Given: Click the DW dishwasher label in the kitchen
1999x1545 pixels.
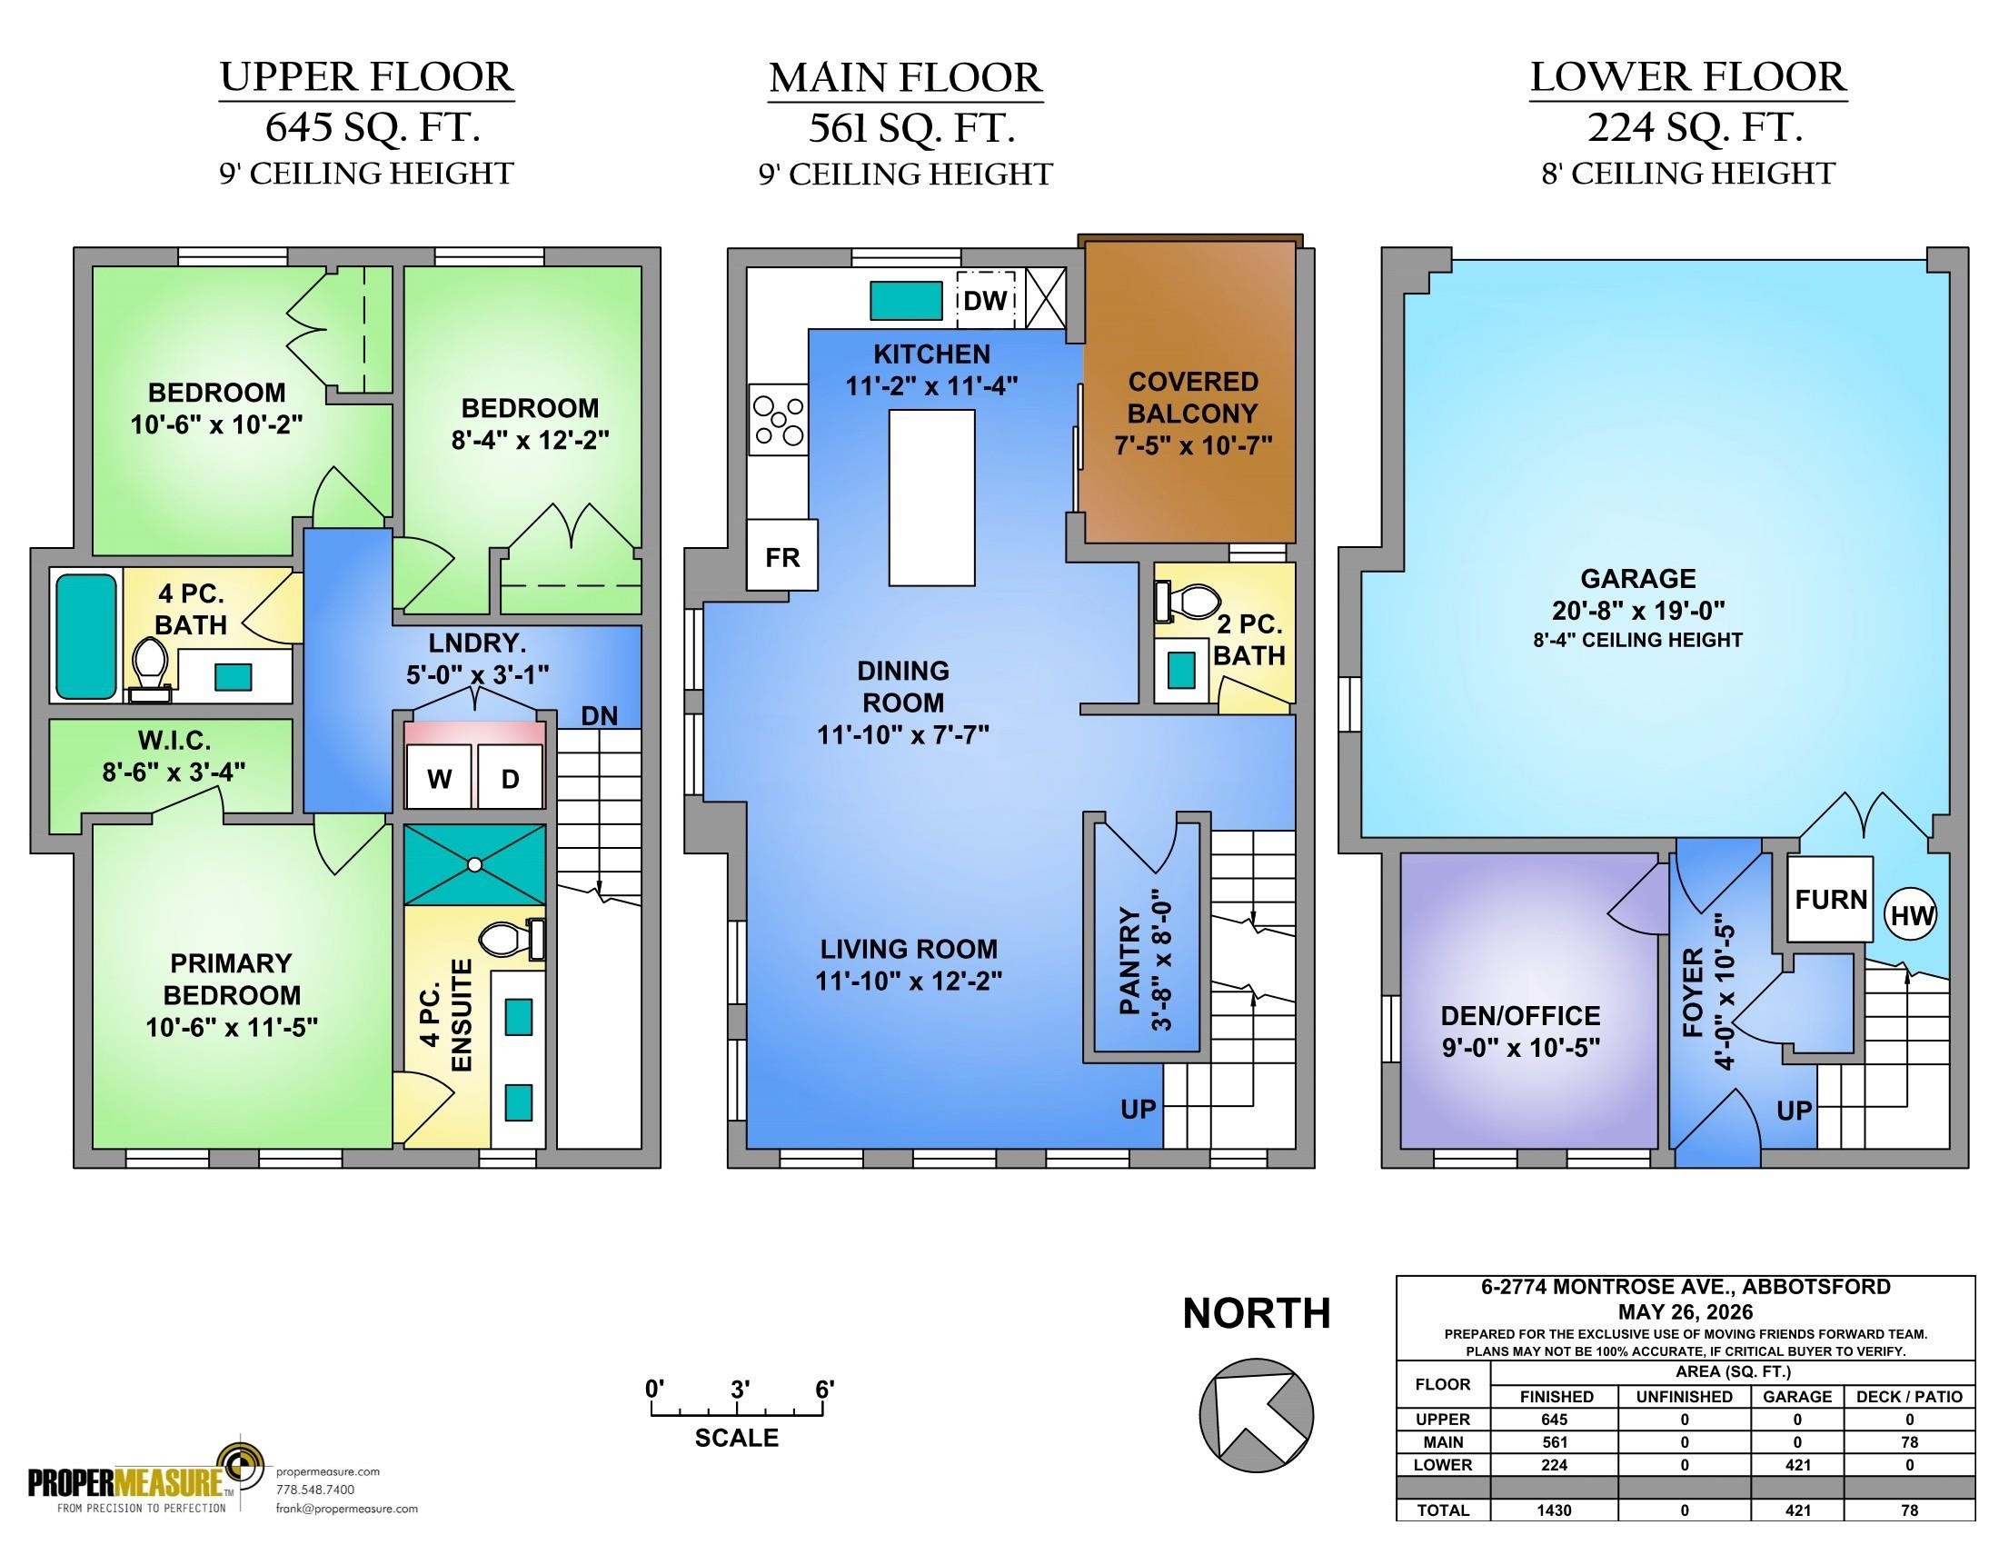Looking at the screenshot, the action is pos(985,299).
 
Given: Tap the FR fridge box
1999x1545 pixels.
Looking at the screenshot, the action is pos(782,555).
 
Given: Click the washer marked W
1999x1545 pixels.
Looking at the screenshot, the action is pos(440,777).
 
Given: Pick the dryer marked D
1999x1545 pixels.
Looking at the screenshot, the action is pos(511,777).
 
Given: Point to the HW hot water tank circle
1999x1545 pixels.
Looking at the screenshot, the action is pos(1911,914).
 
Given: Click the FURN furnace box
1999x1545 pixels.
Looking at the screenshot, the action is pos(1831,899).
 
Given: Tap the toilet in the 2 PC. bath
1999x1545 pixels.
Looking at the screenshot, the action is pos(1188,601).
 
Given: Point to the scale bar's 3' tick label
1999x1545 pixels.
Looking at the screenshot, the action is pos(741,1389).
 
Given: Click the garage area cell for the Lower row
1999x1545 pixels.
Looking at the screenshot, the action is pos(1797,1464).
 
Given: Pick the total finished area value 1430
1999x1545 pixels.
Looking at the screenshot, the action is pos(1554,1510).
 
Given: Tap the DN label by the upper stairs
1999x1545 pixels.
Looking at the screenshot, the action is pos(600,716).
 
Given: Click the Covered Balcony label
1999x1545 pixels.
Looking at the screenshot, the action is pos(1193,396).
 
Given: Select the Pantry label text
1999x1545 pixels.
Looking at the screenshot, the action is pos(1129,961).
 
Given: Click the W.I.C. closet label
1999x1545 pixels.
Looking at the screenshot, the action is pos(174,740).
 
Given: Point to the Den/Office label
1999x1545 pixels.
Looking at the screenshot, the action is pos(1520,1015).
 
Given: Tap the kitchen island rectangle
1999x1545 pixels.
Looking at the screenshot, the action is pos(931,497).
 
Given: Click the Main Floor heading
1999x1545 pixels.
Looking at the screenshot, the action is pos(905,78).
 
